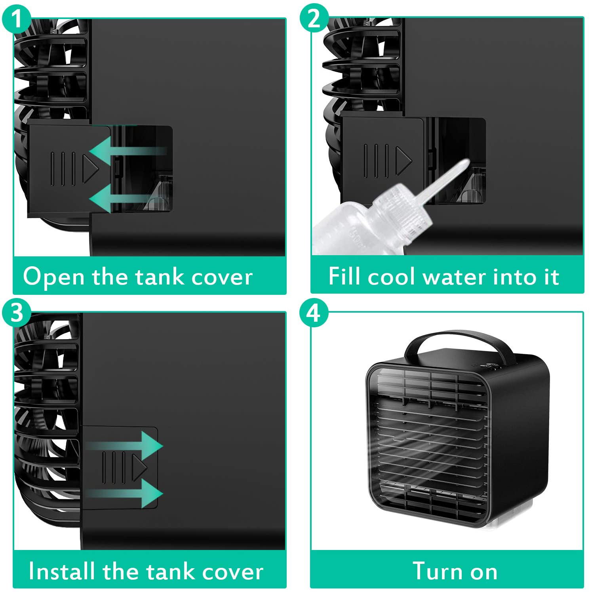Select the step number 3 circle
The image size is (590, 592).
coord(16,313)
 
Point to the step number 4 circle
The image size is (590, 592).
coord(314,313)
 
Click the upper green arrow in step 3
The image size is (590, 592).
coord(125,446)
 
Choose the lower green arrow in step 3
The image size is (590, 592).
coord(125,494)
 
